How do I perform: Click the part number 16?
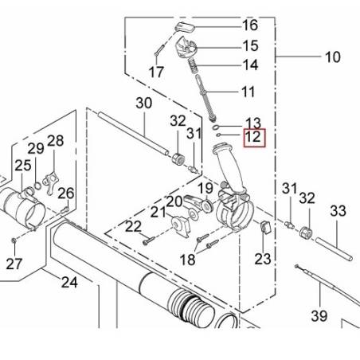(x=250, y=25)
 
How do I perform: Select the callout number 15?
(x=250, y=45)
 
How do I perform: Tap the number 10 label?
(x=331, y=57)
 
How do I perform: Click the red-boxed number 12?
(x=253, y=138)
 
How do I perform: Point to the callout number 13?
(x=253, y=123)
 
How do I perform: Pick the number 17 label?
(x=156, y=72)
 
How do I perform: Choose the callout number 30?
(x=143, y=103)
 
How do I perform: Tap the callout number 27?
(x=15, y=264)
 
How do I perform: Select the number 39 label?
(x=319, y=315)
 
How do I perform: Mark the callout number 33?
(x=338, y=210)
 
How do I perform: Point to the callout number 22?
(x=132, y=228)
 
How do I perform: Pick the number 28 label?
(x=55, y=141)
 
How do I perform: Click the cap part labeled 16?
(x=185, y=28)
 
